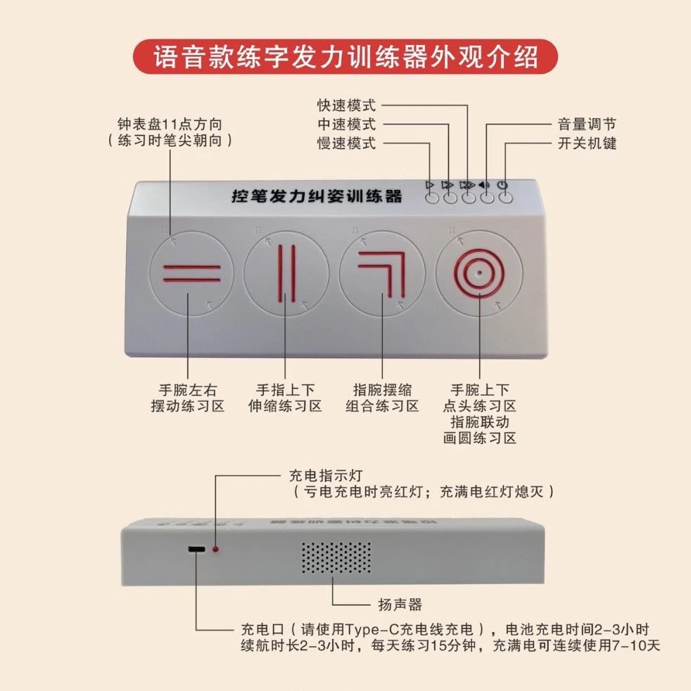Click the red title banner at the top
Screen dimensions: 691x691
pyautogui.click(x=345, y=57)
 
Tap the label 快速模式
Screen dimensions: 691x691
pyautogui.click(x=345, y=106)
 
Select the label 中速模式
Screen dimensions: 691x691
pyautogui.click(x=345, y=125)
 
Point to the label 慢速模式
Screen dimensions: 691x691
pyautogui.click(x=345, y=144)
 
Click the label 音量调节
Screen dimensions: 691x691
pyautogui.click(x=585, y=125)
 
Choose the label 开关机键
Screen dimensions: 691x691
pyautogui.click(x=585, y=144)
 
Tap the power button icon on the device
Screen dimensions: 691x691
pyautogui.click(x=502, y=186)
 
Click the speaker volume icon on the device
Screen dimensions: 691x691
pyautogui.click(x=484, y=186)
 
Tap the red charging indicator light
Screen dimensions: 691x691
pyautogui.click(x=216, y=548)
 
